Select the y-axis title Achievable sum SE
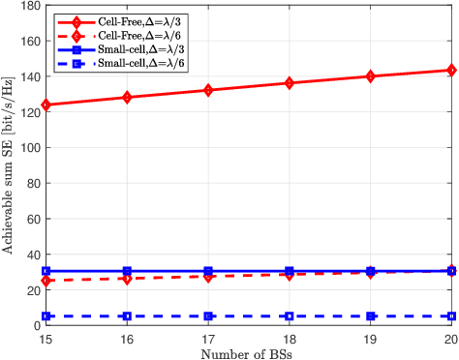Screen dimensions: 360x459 coord(8,165)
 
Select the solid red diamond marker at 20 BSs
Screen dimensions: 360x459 coord(450,70)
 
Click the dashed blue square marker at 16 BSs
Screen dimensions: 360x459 coord(127,316)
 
